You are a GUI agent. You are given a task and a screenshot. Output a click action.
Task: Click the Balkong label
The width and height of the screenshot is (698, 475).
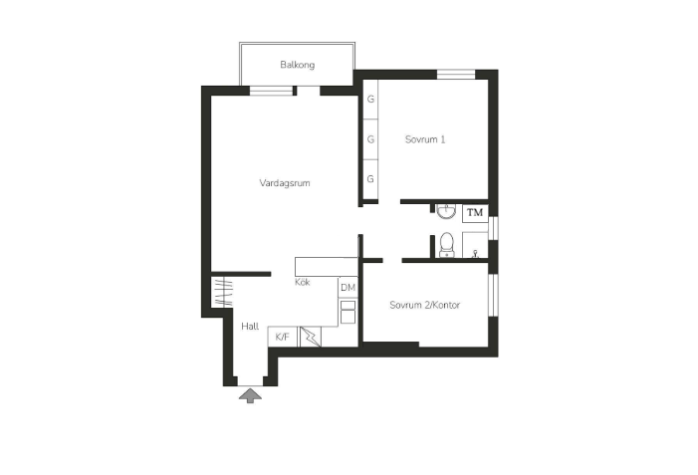[x=297, y=66]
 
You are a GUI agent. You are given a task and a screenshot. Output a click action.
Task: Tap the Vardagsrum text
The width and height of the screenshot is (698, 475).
[x=286, y=183]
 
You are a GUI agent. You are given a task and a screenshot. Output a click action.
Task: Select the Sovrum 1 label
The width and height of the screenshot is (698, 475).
[x=424, y=139]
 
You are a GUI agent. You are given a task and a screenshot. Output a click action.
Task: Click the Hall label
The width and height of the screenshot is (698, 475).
[x=250, y=326]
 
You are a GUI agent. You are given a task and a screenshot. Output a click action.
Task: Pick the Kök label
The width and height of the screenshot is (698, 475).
[x=303, y=283]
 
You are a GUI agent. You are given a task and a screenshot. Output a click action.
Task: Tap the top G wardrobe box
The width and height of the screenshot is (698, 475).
[x=370, y=100]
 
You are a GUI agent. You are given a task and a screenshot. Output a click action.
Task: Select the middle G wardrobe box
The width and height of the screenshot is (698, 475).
[x=370, y=139]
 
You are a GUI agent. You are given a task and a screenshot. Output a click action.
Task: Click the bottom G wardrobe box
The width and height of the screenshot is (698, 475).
[x=370, y=179]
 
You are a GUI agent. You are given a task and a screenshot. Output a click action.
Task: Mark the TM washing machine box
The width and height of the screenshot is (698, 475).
[x=475, y=212]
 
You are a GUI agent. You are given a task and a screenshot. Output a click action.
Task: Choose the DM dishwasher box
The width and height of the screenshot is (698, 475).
[x=348, y=288]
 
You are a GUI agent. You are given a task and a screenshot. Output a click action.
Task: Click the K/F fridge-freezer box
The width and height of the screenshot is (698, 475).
[x=282, y=338]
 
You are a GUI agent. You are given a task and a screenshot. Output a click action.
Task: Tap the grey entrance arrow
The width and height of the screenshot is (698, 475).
[x=250, y=396]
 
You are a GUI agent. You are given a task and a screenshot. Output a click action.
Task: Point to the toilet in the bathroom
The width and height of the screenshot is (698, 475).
[x=446, y=243]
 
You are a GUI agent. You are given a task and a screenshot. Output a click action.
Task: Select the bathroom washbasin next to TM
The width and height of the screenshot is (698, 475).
[x=445, y=210]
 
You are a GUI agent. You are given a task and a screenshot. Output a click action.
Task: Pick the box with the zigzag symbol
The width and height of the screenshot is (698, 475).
[x=310, y=337]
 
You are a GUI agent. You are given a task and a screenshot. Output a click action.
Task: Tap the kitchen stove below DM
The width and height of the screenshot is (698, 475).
[x=348, y=313]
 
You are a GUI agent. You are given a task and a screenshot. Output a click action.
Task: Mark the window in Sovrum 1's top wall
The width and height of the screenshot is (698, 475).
[x=456, y=74]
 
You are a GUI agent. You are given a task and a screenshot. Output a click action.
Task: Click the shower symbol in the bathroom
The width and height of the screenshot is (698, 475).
[x=477, y=244]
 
